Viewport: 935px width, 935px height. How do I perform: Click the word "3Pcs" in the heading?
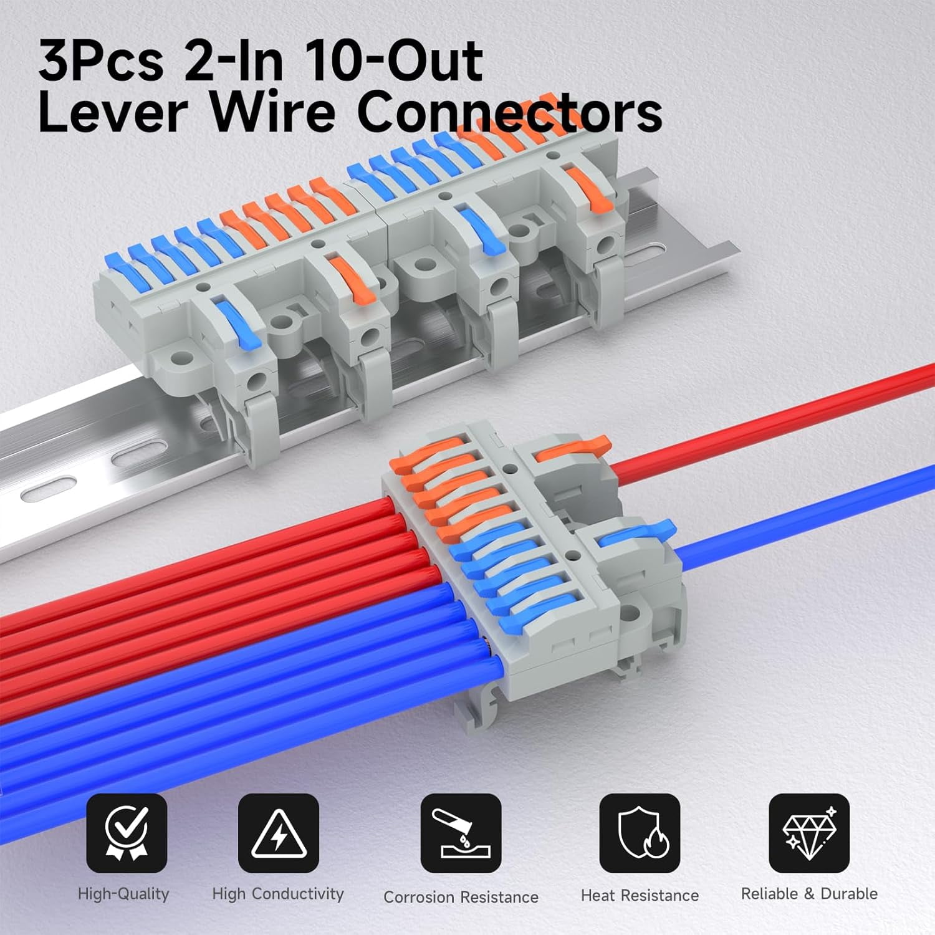coord(101,61)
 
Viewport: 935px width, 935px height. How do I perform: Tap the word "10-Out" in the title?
coord(395,61)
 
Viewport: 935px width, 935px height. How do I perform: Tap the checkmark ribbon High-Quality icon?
coord(127,833)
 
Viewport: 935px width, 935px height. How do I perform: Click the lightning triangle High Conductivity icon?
coord(279,833)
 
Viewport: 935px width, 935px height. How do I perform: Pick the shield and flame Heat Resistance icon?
coord(640,833)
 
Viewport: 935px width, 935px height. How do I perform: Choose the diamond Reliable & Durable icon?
coord(809,833)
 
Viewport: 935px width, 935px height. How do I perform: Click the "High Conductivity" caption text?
coord(278,894)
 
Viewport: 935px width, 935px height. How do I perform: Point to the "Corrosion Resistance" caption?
coord(461,897)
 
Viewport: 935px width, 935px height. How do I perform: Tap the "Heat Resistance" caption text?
coord(640,896)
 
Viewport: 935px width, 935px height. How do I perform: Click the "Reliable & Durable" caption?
coord(809,894)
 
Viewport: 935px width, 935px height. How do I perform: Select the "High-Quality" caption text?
coord(123,894)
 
